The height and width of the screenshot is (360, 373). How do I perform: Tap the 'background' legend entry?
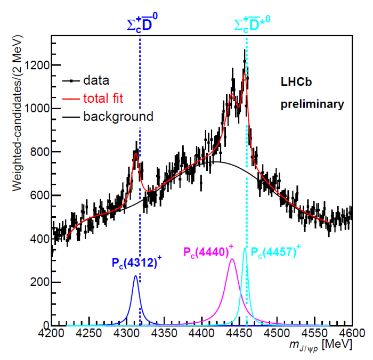[118, 116]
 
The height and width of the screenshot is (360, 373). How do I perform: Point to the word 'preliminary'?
[313, 104]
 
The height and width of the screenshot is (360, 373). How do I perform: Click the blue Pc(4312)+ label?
[135, 263]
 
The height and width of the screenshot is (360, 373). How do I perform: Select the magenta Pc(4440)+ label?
[208, 252]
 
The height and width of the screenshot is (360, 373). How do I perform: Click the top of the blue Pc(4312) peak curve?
[135, 276]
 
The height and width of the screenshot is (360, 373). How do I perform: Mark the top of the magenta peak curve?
[232, 259]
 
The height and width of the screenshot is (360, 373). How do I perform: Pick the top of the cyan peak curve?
[245, 248]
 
